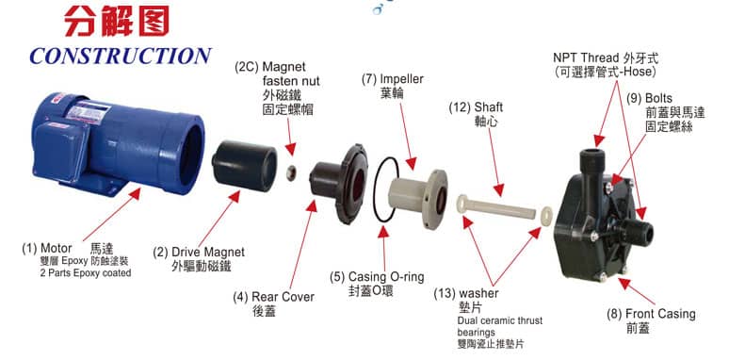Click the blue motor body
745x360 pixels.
(118, 141)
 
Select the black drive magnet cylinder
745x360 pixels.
(245, 166)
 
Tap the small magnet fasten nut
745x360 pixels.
(291, 172)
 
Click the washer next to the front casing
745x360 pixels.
(546, 216)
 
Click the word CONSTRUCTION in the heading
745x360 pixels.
(121, 57)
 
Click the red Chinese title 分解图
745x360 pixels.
(117, 21)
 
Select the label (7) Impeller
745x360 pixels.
(392, 79)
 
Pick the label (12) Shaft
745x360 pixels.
(476, 107)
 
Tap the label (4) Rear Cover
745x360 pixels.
(273, 297)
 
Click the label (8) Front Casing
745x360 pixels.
(651, 315)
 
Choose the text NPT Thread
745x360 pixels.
(586, 58)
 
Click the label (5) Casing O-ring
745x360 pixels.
(377, 277)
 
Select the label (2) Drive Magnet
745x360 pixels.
(199, 252)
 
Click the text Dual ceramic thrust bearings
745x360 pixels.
(500, 326)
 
